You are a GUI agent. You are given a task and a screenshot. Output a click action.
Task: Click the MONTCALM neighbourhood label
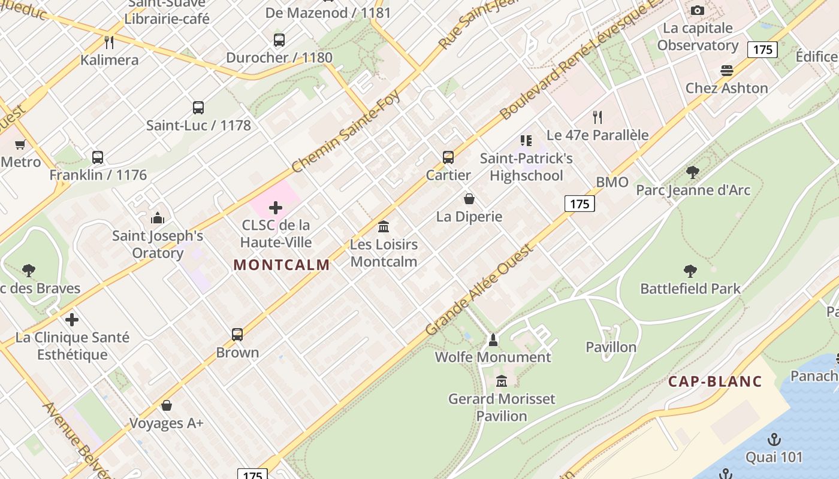click(x=282, y=265)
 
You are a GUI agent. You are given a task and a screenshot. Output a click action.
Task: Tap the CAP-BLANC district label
click(x=715, y=381)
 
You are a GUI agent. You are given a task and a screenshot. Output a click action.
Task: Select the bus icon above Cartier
click(x=448, y=157)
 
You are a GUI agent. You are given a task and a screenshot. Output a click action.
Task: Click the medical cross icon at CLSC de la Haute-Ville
click(x=276, y=208)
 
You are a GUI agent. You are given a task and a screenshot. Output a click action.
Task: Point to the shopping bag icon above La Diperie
click(x=469, y=199)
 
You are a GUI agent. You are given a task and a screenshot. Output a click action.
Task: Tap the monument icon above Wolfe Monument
click(x=493, y=340)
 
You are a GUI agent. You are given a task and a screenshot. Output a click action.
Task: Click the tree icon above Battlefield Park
click(x=690, y=271)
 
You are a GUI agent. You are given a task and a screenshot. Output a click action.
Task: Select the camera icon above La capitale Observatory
click(x=698, y=10)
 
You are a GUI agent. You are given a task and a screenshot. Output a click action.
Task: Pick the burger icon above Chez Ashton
click(x=727, y=71)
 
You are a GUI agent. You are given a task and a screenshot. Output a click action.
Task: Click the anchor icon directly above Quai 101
click(x=774, y=440)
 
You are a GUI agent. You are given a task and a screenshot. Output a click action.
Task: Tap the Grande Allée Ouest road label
click(x=479, y=290)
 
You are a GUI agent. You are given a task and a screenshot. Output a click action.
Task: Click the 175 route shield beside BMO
click(x=580, y=204)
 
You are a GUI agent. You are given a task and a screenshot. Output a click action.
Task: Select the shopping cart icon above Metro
click(x=20, y=144)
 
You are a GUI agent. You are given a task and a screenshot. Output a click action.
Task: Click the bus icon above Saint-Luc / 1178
click(x=198, y=108)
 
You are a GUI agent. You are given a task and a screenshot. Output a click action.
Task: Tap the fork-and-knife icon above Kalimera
click(x=109, y=43)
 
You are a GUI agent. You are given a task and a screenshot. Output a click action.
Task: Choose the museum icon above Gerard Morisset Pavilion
click(x=502, y=381)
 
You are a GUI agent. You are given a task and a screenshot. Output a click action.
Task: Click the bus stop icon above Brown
click(x=237, y=335)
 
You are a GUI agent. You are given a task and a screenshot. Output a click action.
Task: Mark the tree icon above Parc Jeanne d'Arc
click(x=693, y=172)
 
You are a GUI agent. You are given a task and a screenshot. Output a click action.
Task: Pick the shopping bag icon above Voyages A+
click(x=167, y=405)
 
